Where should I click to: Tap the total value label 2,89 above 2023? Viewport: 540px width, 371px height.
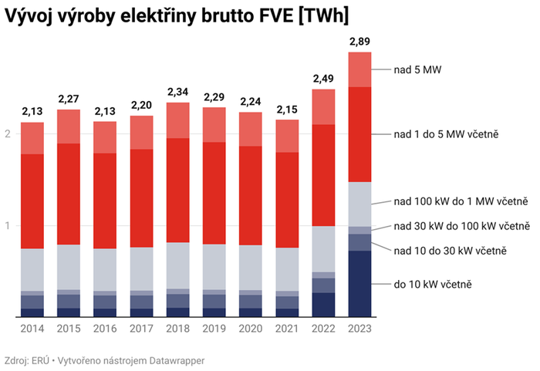[x=360, y=40]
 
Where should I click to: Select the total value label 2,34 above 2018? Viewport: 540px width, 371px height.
[x=177, y=92]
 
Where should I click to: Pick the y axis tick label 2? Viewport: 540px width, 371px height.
[x=8, y=134]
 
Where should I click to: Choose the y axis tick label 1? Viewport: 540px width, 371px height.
[x=8, y=226]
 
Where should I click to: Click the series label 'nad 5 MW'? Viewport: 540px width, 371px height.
[x=417, y=69]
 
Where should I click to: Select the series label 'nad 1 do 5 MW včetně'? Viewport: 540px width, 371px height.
[x=446, y=134]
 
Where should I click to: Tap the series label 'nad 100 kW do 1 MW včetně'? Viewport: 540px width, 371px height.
[x=461, y=203]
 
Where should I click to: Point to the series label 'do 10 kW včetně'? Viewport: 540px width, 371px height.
[x=432, y=285]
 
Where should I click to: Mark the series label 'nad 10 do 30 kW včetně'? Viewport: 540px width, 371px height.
[x=450, y=251]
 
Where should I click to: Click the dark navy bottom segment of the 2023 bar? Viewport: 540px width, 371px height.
[x=360, y=283]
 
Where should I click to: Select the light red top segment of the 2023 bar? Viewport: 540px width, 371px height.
[x=360, y=69]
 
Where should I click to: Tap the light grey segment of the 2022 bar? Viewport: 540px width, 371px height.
[x=324, y=249]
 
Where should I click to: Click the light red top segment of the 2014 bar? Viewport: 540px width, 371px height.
[x=32, y=138]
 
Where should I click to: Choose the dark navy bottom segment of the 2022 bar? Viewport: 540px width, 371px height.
[x=324, y=305]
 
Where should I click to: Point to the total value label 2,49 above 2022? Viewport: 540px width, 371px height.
[x=324, y=78]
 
